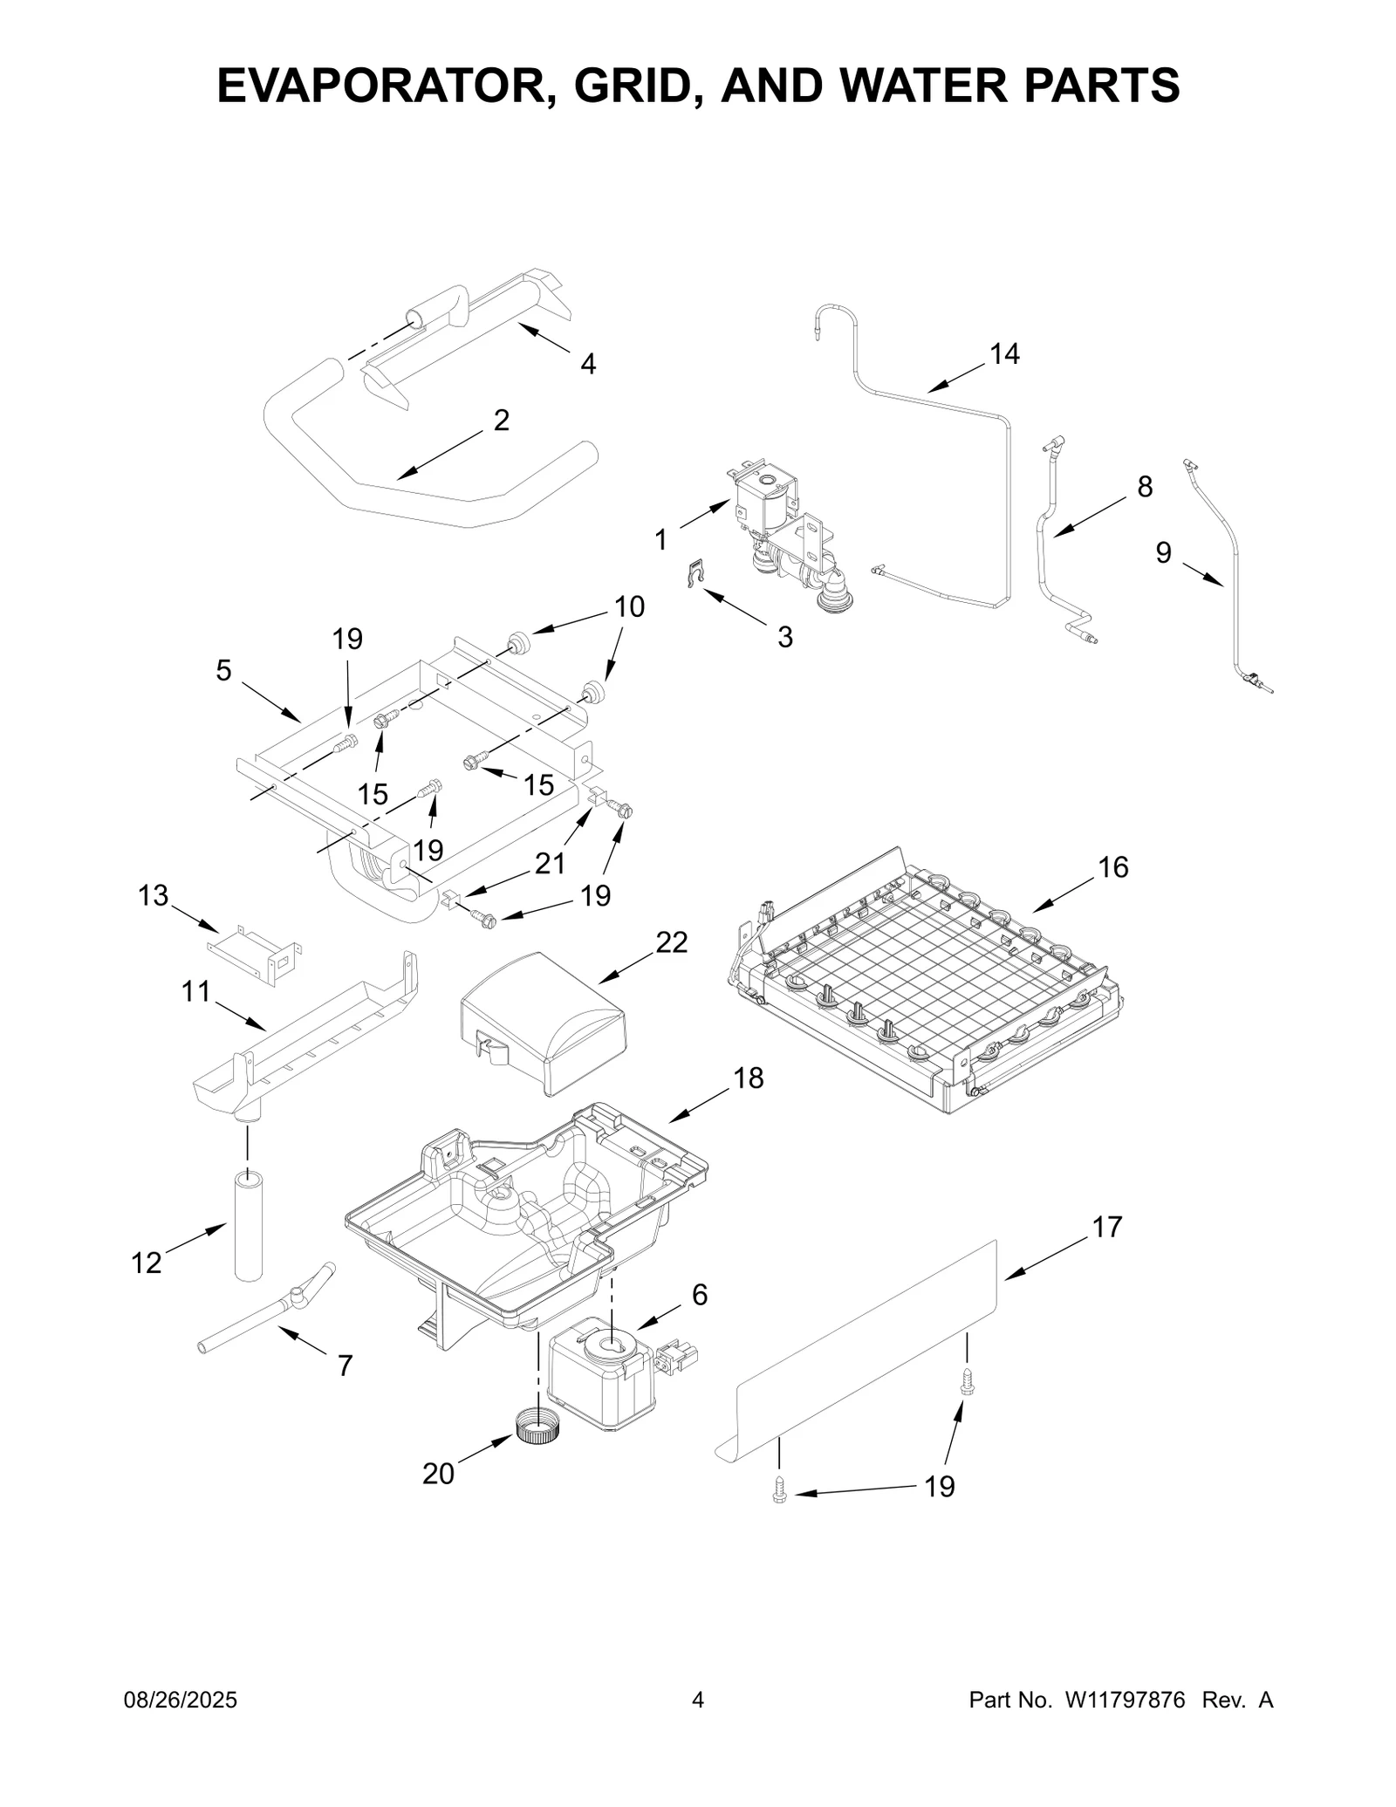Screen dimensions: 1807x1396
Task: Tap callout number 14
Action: (x=1003, y=354)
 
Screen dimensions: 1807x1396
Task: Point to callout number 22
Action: (x=671, y=942)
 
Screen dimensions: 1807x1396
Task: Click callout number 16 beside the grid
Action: (x=1113, y=867)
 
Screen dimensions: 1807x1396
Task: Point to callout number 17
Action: (x=1106, y=1227)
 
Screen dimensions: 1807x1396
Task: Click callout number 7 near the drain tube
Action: (x=345, y=1366)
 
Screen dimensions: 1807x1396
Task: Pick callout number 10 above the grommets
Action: (x=629, y=606)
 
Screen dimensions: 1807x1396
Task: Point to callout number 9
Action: (x=1163, y=553)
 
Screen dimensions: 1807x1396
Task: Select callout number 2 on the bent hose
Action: (x=501, y=421)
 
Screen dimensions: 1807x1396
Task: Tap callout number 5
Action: (x=223, y=670)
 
